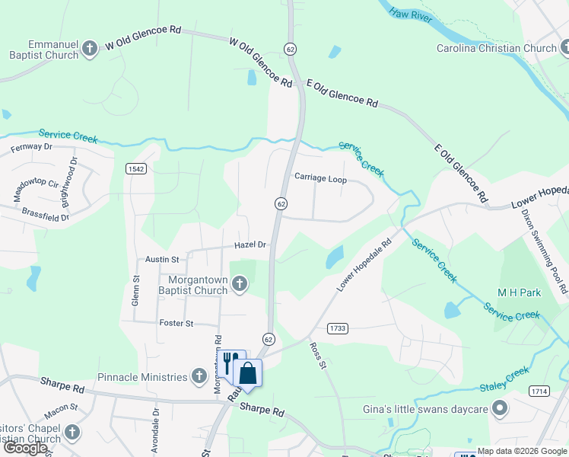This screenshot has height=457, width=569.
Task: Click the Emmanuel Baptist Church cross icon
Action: tap(90, 50)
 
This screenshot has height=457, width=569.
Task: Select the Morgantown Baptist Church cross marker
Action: tap(239, 285)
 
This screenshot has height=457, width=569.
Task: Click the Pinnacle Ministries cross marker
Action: tap(199, 377)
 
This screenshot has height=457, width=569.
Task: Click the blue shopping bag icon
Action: tap(248, 373)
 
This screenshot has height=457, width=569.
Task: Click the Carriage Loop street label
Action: tap(320, 180)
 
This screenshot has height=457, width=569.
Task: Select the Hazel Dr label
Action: tap(250, 245)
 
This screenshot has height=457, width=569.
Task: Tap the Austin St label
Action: tap(162, 260)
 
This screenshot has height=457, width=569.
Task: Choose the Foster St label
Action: tap(176, 324)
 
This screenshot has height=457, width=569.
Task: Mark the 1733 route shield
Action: tap(339, 328)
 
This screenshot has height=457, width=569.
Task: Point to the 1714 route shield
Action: tap(539, 391)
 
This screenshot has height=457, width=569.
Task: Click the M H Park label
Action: tap(519, 293)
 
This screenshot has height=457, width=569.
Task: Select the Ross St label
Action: tap(317, 356)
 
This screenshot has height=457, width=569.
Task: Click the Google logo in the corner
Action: tap(25, 448)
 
